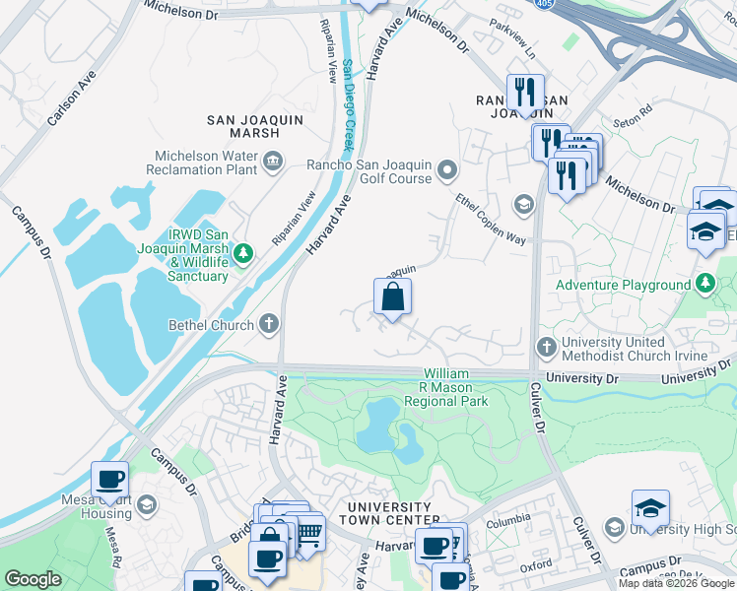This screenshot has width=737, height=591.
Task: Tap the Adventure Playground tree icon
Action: click(704, 285)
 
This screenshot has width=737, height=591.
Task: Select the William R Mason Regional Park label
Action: click(455, 388)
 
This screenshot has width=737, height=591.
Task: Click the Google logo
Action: click(33, 579)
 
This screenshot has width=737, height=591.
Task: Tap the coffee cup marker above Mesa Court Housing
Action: click(109, 480)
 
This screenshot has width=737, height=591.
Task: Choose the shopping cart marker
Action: click(308, 533)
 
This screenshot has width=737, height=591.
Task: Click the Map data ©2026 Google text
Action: click(676, 583)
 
